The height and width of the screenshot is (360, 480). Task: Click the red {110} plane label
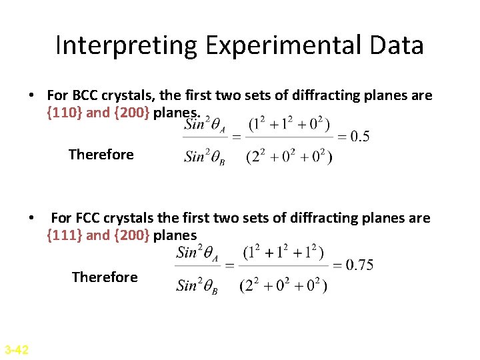[x=65, y=112]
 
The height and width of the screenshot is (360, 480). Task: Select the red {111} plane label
[x=65, y=235]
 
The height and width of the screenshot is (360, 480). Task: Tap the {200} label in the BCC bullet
[x=131, y=112]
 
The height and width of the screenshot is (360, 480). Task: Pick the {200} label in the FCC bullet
[x=131, y=235]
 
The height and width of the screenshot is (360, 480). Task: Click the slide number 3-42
[x=16, y=349]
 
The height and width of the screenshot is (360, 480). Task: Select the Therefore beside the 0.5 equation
[x=101, y=155]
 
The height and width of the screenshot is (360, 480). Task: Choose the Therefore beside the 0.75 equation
[x=105, y=277]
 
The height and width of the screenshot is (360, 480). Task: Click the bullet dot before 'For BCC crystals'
[x=31, y=96]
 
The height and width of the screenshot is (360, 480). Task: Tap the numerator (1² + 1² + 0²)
[x=289, y=125]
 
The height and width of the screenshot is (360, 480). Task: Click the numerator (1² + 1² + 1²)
[x=283, y=253]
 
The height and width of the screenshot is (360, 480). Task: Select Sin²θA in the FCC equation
[x=199, y=253]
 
